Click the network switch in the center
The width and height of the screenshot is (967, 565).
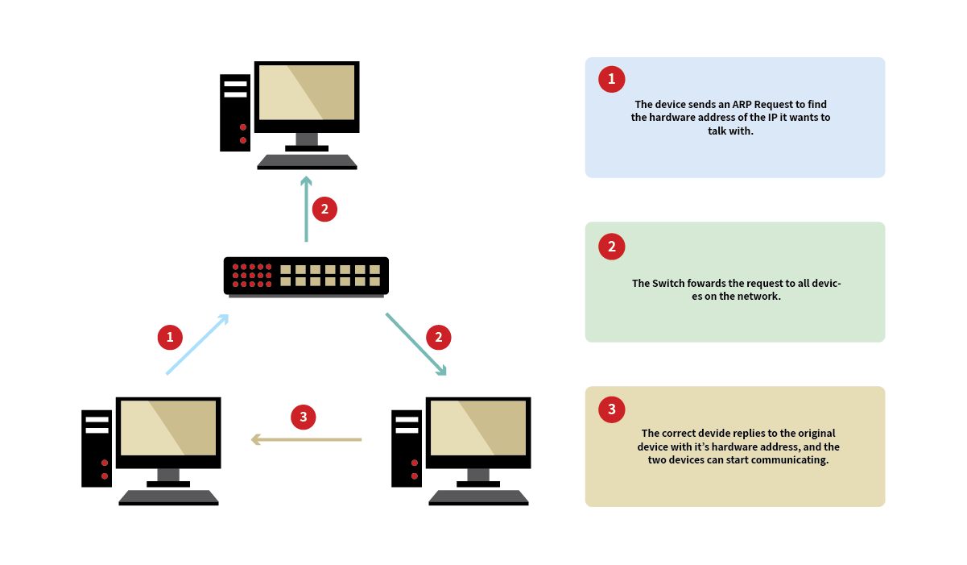(x=306, y=276)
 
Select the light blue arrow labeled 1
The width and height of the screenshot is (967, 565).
(x=196, y=344)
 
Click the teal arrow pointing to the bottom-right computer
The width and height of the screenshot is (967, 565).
(x=415, y=343)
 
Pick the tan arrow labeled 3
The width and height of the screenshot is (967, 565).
(x=306, y=439)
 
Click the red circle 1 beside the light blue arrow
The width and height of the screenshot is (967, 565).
(x=169, y=337)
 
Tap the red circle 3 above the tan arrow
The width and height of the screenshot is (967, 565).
(x=304, y=417)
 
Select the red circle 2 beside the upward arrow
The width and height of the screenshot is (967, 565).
(x=324, y=210)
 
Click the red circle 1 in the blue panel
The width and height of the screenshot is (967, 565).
(x=612, y=79)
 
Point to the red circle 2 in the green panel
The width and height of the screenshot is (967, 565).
(x=612, y=247)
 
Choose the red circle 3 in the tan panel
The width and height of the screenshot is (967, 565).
(x=612, y=409)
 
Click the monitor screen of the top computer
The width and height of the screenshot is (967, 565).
(x=307, y=92)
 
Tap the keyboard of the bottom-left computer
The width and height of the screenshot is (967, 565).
(x=168, y=497)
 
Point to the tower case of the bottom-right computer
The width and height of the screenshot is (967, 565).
(x=407, y=448)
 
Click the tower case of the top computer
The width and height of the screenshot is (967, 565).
(x=235, y=112)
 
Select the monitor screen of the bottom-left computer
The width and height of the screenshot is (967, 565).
(x=168, y=428)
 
